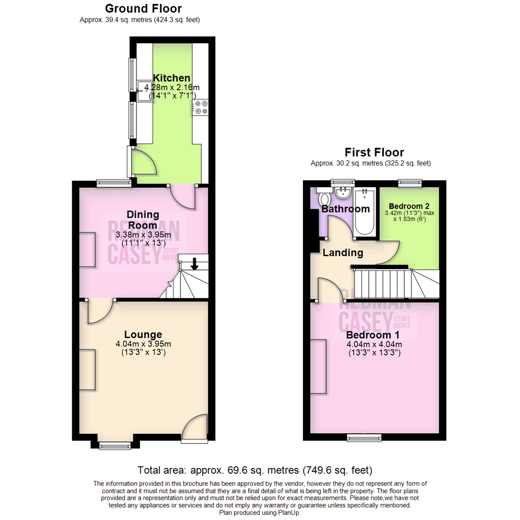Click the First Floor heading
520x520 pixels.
click(x=374, y=152)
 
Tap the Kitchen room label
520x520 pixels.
click(x=171, y=78)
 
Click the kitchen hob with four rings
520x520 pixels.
click(x=201, y=107)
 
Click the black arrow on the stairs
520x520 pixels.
click(x=195, y=263)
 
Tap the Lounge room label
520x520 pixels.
click(x=143, y=334)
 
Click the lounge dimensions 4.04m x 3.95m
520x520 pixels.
click(x=143, y=344)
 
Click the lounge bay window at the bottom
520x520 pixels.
click(x=115, y=446)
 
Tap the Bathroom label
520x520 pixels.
click(x=345, y=209)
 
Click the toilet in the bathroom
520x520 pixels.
click(x=324, y=199)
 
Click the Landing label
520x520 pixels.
click(x=343, y=253)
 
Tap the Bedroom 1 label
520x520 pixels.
click(x=373, y=335)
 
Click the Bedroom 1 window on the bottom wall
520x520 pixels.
click(x=364, y=437)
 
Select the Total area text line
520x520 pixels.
click(x=255, y=470)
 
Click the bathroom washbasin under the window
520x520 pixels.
click(x=343, y=194)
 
